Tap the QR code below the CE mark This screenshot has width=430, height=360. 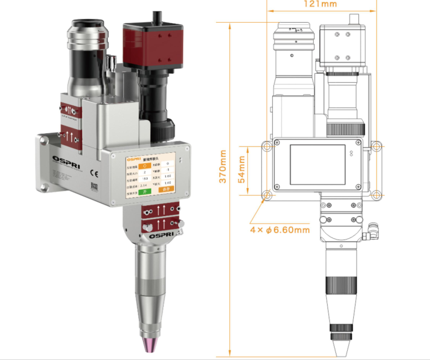tap(94, 187)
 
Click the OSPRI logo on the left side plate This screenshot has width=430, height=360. tap(63, 161)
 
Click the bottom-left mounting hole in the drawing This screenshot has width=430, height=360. tap(267, 195)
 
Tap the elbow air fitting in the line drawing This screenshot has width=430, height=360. tap(372, 228)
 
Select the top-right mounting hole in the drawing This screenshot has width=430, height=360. tap(377, 145)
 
